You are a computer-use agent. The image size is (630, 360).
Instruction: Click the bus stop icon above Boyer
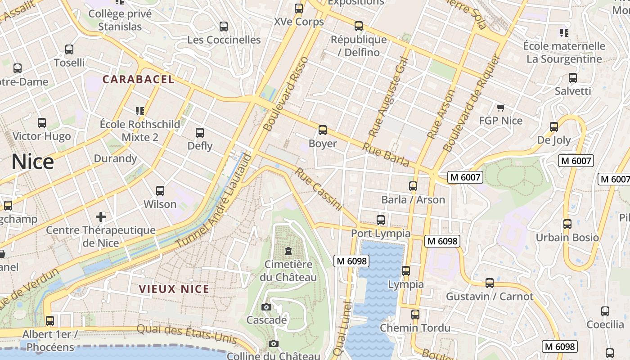click(x=322, y=130)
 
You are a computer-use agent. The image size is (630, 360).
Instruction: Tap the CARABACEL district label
click(x=138, y=80)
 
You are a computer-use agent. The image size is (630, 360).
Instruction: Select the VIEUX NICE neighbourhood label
click(x=174, y=289)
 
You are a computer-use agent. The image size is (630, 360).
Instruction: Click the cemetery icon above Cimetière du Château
click(x=288, y=251)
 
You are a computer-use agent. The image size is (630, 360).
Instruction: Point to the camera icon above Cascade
click(x=266, y=307)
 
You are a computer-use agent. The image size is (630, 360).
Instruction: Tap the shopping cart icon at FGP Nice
click(x=500, y=108)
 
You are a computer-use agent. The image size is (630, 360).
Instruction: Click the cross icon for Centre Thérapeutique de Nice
click(x=101, y=217)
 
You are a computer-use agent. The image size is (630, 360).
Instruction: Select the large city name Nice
click(x=32, y=162)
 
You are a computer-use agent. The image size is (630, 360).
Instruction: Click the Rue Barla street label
click(x=386, y=155)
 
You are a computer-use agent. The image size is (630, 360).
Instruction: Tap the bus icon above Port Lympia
click(x=381, y=220)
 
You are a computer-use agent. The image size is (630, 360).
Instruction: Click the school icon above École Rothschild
click(x=139, y=111)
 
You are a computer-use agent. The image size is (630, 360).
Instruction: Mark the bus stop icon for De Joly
click(x=554, y=127)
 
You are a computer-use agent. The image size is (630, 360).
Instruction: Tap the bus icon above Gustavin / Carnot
click(x=489, y=283)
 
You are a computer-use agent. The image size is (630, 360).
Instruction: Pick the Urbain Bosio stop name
click(x=567, y=238)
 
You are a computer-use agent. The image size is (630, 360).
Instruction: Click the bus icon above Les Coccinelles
click(x=224, y=27)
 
